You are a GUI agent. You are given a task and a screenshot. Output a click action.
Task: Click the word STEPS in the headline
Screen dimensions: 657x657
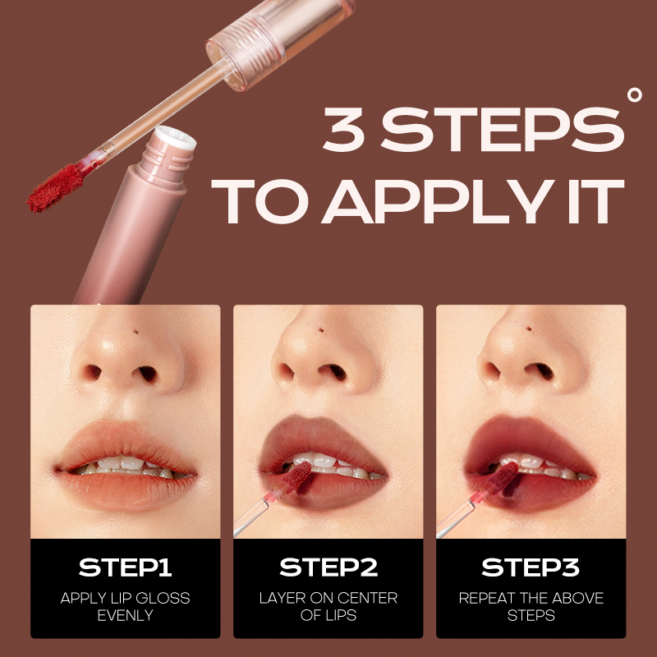tap(503, 129)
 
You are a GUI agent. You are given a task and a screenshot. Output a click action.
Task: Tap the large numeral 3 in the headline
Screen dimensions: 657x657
tap(344, 129)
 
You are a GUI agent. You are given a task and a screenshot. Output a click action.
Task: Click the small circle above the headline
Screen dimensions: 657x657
tap(634, 94)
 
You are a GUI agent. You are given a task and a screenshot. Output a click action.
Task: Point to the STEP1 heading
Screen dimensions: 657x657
tap(125, 567)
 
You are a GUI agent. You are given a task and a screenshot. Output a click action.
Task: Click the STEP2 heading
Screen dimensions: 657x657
tap(328, 567)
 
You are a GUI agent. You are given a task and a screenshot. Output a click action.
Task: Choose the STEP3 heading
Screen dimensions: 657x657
tap(531, 567)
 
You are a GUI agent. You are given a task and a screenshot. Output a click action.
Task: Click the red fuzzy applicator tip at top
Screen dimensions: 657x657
tap(56, 188)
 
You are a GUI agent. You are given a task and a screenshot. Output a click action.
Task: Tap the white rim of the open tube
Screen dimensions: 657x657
tap(175, 137)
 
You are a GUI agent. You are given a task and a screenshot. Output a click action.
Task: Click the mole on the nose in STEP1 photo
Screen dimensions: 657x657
tap(136, 332)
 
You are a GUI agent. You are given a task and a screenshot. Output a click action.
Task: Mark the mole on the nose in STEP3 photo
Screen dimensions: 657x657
tap(529, 329)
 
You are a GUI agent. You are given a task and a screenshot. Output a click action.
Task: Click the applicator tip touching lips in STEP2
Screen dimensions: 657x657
tap(297, 477)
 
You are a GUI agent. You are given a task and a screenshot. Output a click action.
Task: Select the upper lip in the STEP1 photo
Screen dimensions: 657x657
tap(126, 442)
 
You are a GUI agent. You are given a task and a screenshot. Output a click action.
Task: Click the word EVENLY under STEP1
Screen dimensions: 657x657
tap(125, 615)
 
